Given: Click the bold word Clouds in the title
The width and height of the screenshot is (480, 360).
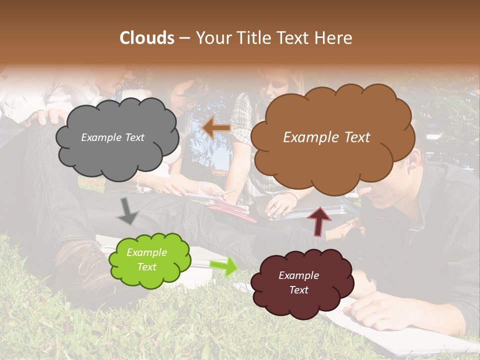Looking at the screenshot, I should pos(146,38).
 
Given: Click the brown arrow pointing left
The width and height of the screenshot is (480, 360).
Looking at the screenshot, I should pos(216,128).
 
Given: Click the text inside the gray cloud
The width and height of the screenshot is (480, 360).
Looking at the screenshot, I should pos(112,137).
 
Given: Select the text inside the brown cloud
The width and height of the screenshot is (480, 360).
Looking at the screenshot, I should pos(326,137).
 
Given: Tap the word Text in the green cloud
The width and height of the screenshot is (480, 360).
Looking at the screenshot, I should pos(146,267).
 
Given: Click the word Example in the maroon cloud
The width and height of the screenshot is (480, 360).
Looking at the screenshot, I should pos(298,275).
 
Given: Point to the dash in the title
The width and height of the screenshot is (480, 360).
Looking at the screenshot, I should pos(184,38).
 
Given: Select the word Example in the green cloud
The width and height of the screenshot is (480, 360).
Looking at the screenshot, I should pos(146,252).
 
